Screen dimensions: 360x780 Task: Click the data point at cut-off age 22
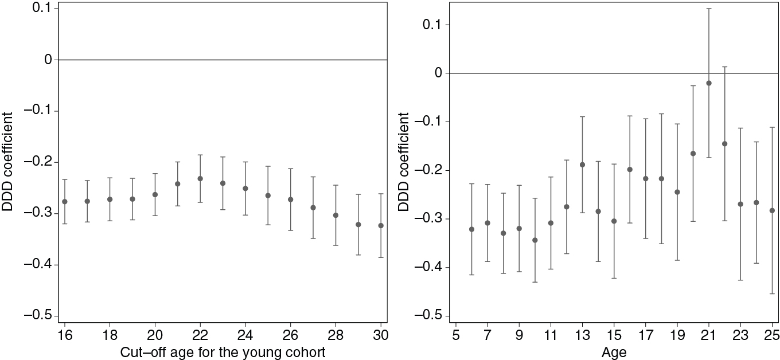200,179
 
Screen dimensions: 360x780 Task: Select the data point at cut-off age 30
381,226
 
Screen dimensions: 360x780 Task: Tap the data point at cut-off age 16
64,202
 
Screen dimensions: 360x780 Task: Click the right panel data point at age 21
709,83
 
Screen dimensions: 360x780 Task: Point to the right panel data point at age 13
582,165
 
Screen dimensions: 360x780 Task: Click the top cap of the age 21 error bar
709,9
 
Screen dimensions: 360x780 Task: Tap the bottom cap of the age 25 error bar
772,294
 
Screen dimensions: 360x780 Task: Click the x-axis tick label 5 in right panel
456,334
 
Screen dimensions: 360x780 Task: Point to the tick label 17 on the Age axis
645,334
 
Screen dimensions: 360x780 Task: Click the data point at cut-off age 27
313,208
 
